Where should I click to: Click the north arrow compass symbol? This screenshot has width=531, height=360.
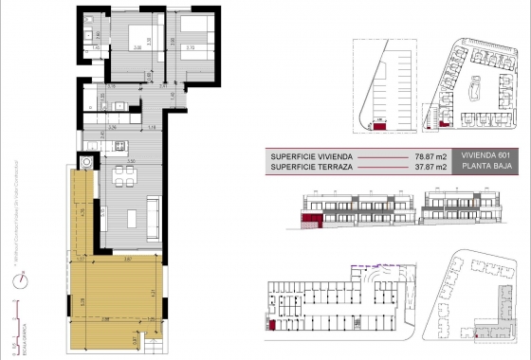[x=18, y=280]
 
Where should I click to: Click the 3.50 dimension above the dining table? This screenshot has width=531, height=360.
[x=132, y=162]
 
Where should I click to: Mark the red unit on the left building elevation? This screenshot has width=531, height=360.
[x=310, y=220]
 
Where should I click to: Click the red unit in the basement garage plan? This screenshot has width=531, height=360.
[x=273, y=325]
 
